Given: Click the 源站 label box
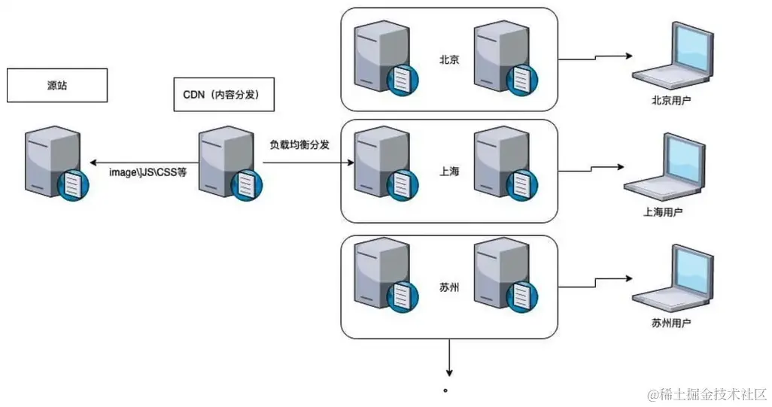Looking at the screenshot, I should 57,86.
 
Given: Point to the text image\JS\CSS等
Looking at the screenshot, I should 147,172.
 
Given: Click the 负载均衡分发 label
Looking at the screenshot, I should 299,144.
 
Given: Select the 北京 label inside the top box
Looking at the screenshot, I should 449,59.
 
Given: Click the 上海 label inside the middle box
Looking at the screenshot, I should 449,171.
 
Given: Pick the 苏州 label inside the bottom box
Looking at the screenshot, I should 449,287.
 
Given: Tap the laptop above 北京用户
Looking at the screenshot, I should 672,57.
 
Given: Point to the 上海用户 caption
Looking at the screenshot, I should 663,212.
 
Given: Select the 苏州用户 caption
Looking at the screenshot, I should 671,323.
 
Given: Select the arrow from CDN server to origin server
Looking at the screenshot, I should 143,162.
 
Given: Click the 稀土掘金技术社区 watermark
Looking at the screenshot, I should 701,393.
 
